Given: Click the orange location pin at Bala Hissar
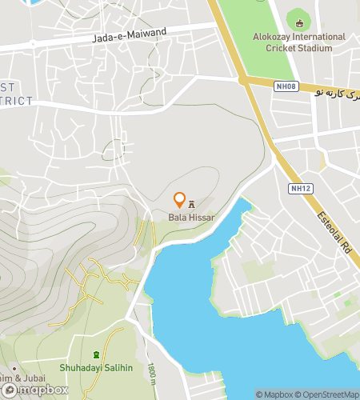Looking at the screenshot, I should pos(179,200).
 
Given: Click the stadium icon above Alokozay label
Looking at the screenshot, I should pos(300,23).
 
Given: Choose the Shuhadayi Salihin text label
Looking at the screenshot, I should pos(96,368).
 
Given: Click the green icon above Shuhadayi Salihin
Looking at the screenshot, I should pos(96,354).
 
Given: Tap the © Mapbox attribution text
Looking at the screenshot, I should pos(274,394).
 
